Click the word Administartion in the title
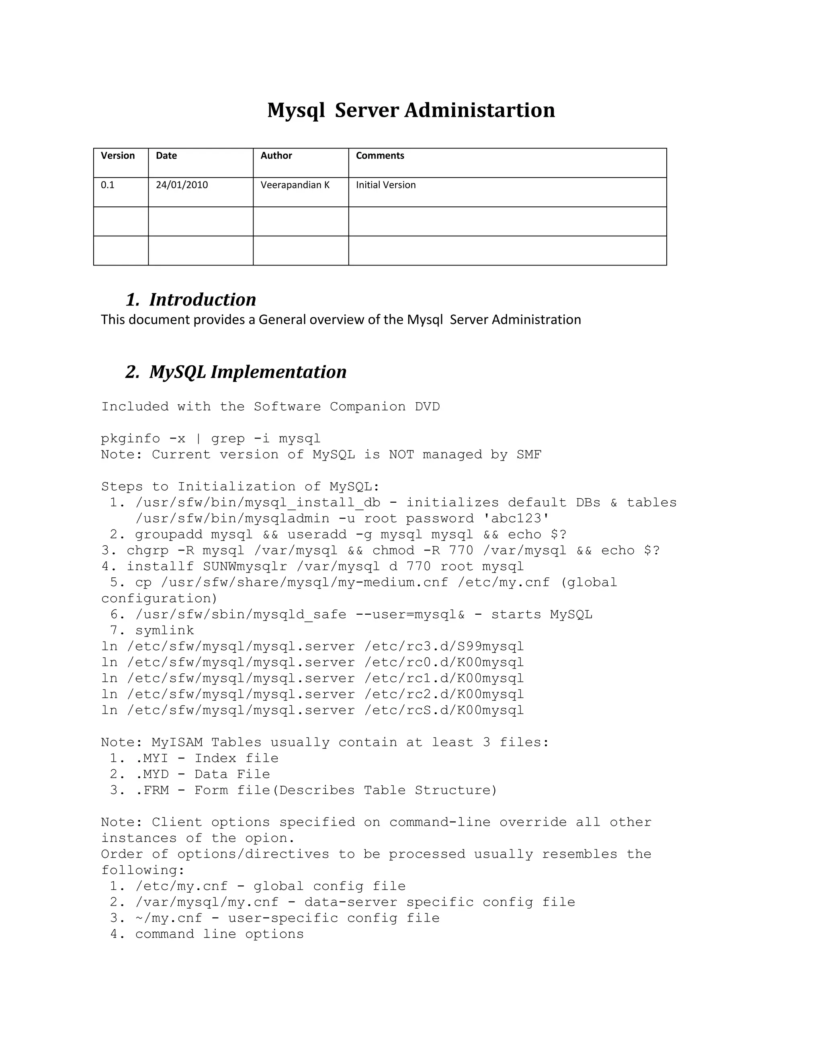pos(479,110)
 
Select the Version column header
pos(117,156)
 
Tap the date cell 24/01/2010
pos(182,185)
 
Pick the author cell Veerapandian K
pos(295,185)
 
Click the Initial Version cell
pos(386,185)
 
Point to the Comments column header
pos(380,156)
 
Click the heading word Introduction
pos(203,300)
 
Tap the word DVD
pos(427,407)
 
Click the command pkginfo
pos(130,439)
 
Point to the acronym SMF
pos(529,455)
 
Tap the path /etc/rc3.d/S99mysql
pos(444,646)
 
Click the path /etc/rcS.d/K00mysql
pos(444,710)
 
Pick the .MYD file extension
pos(152,775)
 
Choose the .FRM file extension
pos(152,790)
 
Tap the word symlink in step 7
pos(164,631)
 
